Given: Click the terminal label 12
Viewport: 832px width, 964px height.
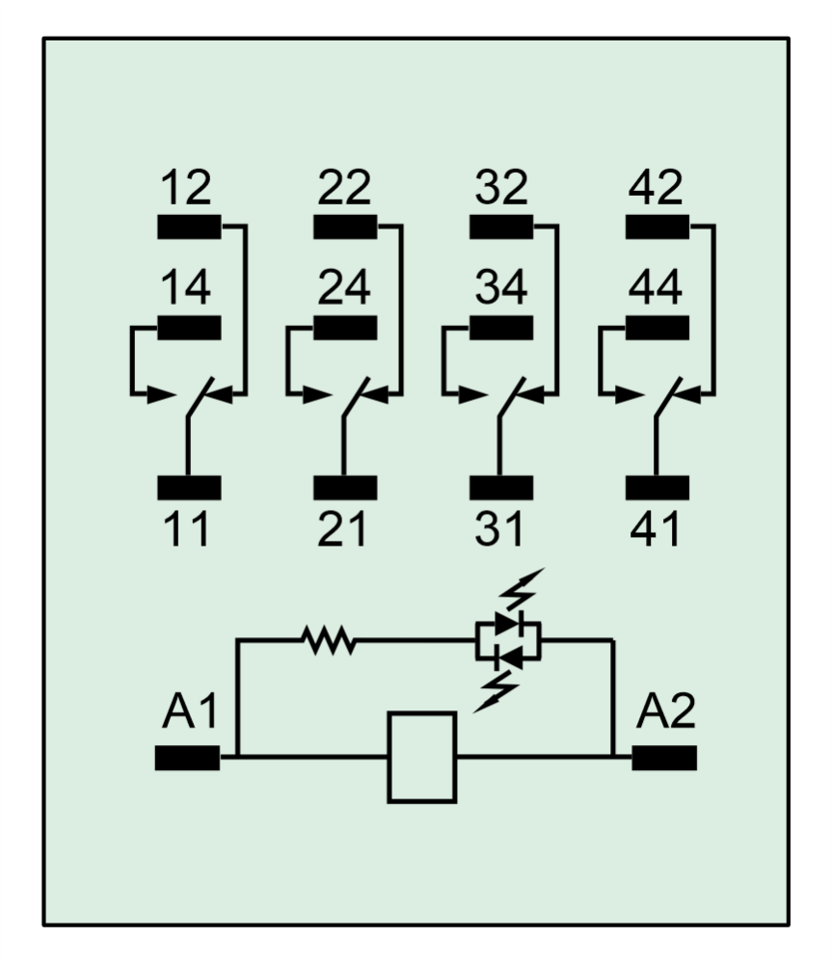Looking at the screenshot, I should pos(186,187).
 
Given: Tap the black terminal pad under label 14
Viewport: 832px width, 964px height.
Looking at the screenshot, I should pos(189,328).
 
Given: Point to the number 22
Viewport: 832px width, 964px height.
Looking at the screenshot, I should pos(344,187).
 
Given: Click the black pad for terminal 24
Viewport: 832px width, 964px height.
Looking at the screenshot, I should pos(345,328).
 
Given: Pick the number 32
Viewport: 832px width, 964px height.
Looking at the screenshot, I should pos(501,187).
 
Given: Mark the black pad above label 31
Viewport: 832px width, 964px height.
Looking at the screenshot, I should pos(501,488).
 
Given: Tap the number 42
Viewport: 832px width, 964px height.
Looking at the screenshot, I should pos(657,187).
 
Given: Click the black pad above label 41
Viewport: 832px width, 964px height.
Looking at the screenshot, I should pos(658,488).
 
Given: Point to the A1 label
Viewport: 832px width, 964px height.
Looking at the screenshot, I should pos(190,714).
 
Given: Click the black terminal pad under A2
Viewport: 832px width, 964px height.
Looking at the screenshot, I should pos(664,759).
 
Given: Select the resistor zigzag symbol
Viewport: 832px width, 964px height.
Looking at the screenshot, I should pos(329,639).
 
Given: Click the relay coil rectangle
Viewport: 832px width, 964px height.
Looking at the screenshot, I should pos(421,757).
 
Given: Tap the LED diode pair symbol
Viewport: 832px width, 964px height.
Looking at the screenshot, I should pos(508,640).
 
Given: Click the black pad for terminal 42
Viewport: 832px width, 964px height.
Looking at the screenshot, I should pos(658,228).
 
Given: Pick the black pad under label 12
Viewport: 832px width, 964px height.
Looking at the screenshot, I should pos(189,228).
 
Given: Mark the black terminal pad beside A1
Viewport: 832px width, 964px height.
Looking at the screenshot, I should pos(187,759).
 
